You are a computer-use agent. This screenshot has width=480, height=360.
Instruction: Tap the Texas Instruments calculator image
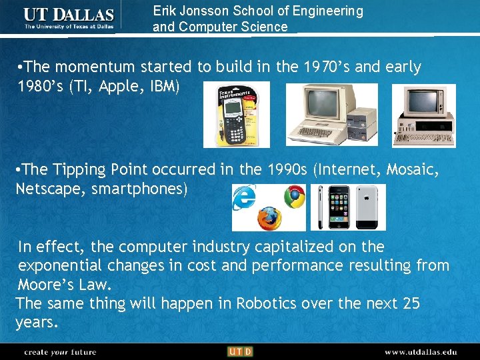[x=236, y=114]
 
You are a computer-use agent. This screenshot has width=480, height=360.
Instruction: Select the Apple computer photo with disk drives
[x=331, y=114]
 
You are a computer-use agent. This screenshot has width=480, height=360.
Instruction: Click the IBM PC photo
[x=423, y=115]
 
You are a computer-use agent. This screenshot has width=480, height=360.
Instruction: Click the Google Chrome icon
[x=293, y=196]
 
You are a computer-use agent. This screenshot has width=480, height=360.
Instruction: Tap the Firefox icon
[x=269, y=217]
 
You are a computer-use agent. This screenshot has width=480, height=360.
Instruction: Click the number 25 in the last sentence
[x=411, y=303]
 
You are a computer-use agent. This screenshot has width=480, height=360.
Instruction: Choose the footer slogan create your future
[x=60, y=351]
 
